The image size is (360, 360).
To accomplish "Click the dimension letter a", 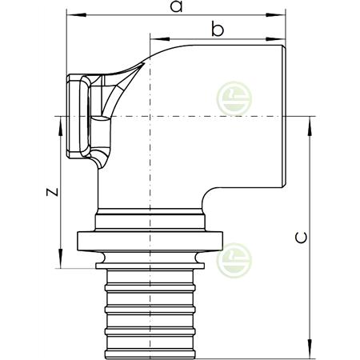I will [x=177, y=7].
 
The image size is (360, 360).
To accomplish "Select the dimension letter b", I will [x=216, y=30].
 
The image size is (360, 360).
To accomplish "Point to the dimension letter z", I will [x=50, y=192].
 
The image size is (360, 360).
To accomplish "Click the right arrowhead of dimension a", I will [x=282, y=14].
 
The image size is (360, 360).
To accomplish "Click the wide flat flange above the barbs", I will [x=150, y=239].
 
